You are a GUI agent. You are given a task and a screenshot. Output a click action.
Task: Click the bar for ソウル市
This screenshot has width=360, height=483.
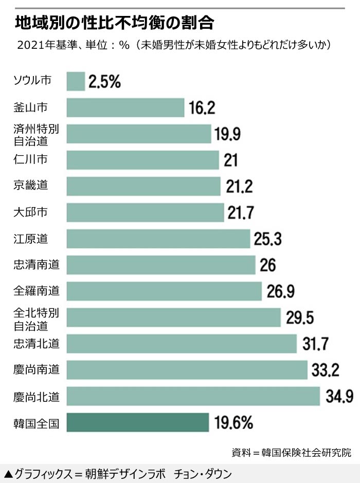point(76,81)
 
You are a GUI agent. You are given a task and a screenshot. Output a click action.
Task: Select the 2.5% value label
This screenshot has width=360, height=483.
point(105,81)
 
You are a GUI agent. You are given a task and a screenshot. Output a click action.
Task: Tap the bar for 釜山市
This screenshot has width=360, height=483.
point(125,107)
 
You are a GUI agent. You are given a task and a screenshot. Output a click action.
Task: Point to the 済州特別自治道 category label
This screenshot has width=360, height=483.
point(37,134)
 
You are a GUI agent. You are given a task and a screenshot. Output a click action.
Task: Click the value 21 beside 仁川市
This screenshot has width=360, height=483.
point(231,160)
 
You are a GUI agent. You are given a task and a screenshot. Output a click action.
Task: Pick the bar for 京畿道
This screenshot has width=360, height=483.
point(143,186)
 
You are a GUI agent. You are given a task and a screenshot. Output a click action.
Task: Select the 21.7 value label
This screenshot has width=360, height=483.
point(241,212)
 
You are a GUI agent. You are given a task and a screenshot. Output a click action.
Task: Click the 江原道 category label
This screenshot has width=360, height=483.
point(31,238)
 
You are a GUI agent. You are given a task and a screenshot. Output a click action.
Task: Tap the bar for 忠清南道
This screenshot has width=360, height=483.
point(161,265)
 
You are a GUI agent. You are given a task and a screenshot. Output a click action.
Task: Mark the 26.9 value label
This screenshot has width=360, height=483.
point(281,291)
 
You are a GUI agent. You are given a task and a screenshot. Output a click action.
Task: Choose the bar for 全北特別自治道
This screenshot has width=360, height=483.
point(174,318)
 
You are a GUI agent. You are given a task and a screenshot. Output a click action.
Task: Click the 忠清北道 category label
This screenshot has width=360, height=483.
point(37,344)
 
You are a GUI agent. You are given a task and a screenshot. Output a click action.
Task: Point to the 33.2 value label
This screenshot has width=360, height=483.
point(325,370)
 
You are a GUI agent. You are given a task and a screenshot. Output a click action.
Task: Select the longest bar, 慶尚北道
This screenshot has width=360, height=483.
point(193,396)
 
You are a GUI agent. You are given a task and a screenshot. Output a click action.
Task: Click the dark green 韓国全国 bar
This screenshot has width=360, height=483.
point(138,422)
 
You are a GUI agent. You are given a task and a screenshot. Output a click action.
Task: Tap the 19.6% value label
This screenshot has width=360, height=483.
point(233,423)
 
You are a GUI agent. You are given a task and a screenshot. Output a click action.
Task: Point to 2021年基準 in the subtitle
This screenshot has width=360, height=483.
point(44,45)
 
